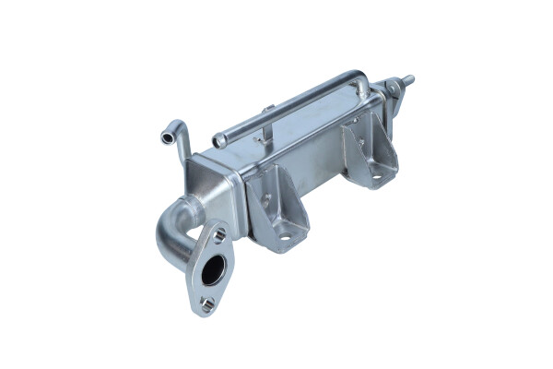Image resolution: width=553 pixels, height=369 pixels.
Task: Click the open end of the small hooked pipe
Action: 167,137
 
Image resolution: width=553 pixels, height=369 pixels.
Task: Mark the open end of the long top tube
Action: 219,141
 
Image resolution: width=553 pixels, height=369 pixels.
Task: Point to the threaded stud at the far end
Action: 406,80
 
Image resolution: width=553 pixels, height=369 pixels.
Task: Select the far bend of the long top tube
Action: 362,81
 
